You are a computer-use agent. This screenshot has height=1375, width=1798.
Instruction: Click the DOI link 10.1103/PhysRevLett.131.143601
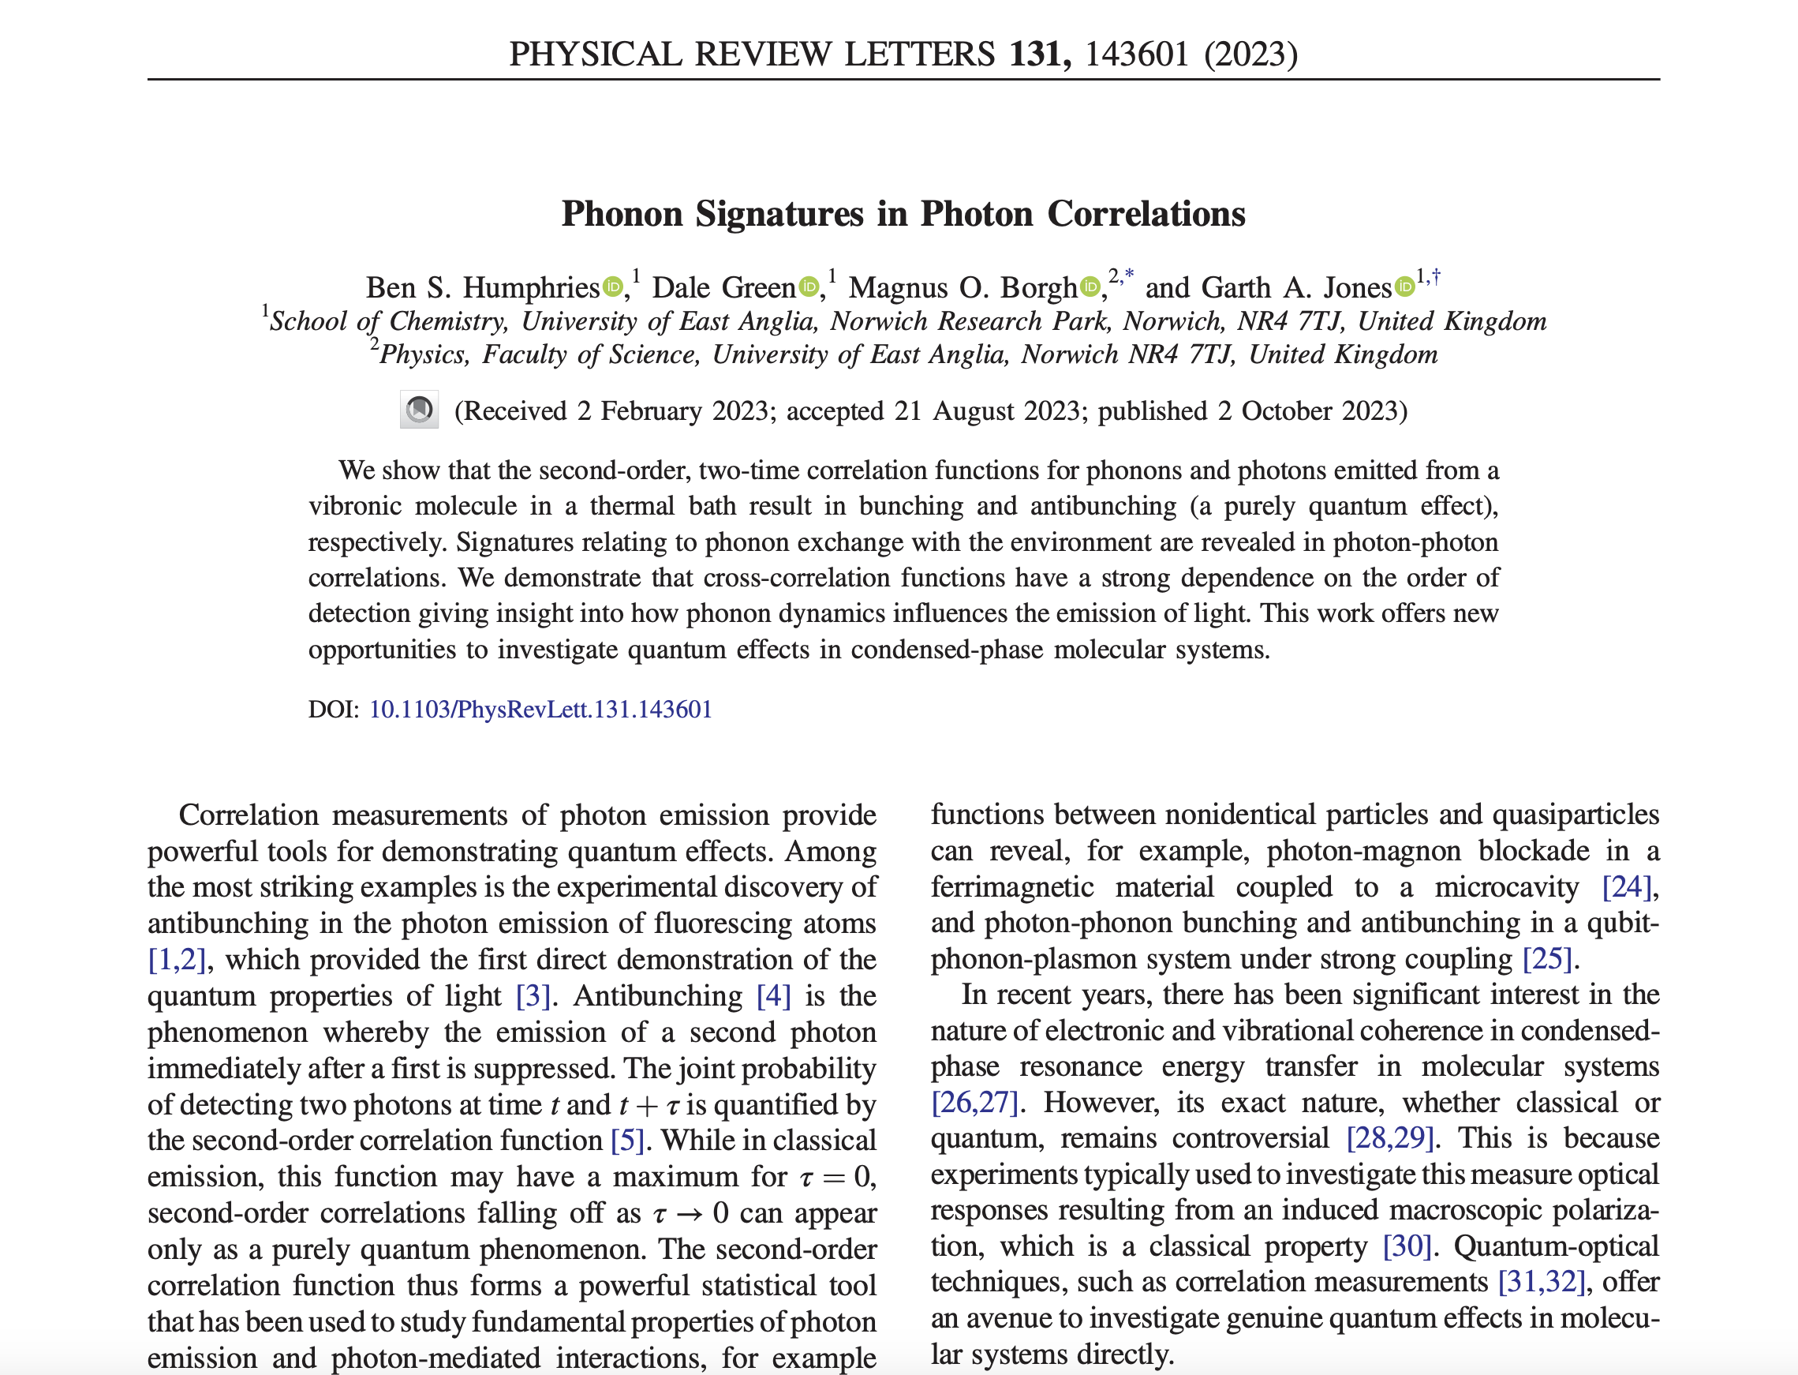(x=540, y=709)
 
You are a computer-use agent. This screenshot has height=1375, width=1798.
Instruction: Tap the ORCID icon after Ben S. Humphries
(x=613, y=287)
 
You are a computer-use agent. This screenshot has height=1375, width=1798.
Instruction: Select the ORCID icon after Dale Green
(x=808, y=287)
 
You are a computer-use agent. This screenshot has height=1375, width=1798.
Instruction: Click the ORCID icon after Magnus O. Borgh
(x=1090, y=287)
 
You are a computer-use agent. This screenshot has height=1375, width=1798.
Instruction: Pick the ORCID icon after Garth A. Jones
(x=1404, y=287)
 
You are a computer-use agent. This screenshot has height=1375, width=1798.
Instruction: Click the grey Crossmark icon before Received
(x=419, y=409)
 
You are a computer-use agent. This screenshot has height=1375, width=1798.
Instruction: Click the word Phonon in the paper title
(x=622, y=214)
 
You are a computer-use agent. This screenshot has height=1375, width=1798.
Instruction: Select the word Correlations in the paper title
(x=1146, y=214)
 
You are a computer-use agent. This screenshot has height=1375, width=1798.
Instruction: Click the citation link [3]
(x=533, y=996)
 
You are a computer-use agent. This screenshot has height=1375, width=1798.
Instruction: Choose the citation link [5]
(x=627, y=1141)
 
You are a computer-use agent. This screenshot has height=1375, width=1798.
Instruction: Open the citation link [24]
(x=1626, y=887)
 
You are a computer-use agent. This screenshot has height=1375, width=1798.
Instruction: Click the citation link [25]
(x=1547, y=959)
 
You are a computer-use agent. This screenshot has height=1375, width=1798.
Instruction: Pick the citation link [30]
(x=1406, y=1246)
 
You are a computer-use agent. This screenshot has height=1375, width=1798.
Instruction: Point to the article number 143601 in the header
(x=1136, y=54)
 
